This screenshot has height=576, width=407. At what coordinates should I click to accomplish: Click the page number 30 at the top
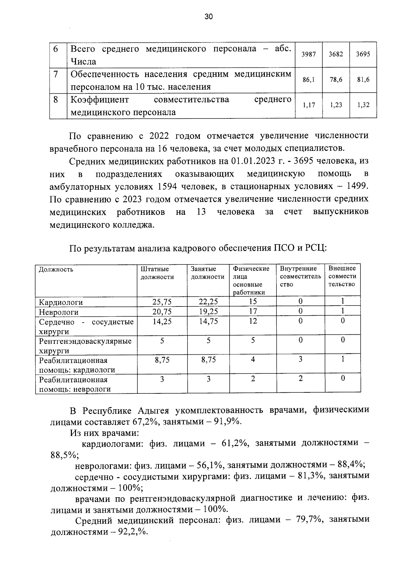[x=208, y=17]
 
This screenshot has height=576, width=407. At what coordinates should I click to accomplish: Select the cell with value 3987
[x=309, y=54]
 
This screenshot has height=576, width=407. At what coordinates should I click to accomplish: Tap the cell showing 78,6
[x=336, y=80]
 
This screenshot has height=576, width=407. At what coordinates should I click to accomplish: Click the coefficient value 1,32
[x=363, y=105]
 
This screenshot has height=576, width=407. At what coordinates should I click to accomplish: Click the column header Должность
[x=56, y=270]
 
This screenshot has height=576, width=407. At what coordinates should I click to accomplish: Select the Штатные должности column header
[x=157, y=273]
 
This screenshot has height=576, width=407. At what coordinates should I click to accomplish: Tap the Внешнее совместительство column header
[x=342, y=276]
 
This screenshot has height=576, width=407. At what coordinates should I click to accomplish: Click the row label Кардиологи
[x=61, y=302]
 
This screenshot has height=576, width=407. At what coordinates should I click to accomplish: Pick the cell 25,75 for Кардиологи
[x=162, y=301]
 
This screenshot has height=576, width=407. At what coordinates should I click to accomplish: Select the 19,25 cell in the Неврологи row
[x=208, y=311]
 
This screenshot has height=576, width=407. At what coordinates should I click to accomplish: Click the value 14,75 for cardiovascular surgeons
[x=208, y=321]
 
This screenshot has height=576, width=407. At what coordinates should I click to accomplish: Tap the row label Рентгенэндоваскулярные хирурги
[x=85, y=346]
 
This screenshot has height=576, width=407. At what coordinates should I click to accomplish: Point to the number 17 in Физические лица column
[x=253, y=311]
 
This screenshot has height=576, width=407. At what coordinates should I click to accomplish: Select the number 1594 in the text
[x=168, y=187]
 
